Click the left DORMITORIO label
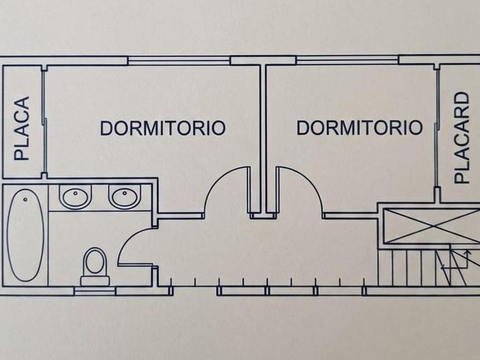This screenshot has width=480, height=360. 163,128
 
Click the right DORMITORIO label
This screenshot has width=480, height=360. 359,127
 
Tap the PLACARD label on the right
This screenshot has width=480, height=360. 461,138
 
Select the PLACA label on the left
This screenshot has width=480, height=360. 22,129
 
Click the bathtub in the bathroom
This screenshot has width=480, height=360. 25,235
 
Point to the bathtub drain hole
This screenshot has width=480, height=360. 25,199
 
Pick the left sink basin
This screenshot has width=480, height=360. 75,196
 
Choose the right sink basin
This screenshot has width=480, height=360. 125,196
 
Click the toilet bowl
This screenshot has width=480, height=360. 95,261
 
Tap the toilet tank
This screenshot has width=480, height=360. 95,281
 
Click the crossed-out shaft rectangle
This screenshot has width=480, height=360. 431,226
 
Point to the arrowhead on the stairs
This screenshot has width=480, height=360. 467,253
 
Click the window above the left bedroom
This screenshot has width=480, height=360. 179,61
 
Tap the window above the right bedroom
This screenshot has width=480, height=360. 347,61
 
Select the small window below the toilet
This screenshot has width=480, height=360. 95,291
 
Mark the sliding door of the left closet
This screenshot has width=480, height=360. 45,122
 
